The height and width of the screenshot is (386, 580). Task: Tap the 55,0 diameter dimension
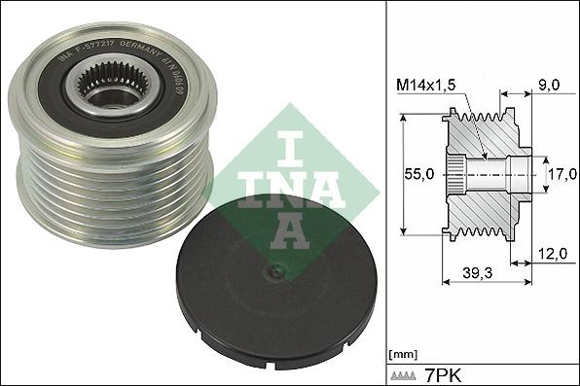[x=419, y=175]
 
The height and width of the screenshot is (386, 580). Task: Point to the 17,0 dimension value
[x=557, y=176]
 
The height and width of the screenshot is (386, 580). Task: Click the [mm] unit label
[x=402, y=354]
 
